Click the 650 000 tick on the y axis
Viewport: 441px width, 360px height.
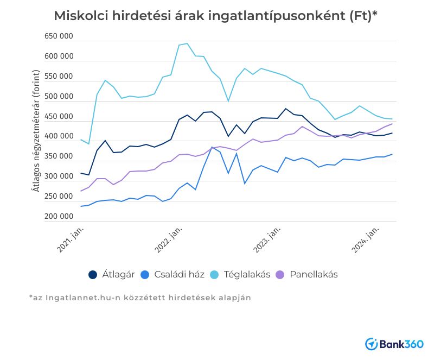[59, 36]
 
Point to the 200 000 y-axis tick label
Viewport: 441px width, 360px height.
[59, 217]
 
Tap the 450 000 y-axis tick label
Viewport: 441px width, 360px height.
[59, 117]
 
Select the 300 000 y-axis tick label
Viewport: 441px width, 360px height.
[59, 176]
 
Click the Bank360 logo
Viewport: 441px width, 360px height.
[394, 344]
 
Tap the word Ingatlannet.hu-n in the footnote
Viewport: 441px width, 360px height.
[73, 298]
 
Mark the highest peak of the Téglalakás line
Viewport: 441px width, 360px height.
[187, 43]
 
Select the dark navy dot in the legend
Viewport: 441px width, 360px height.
[93, 275]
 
